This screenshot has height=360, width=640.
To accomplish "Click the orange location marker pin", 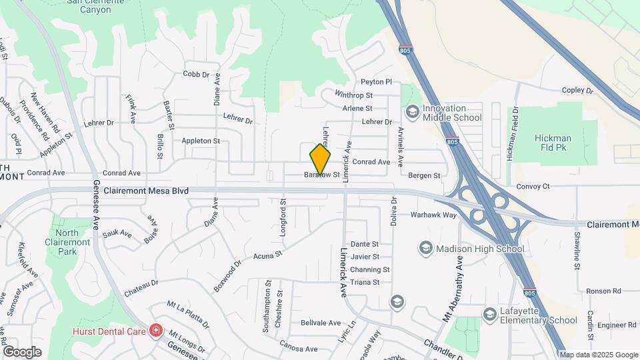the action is pos(321,159).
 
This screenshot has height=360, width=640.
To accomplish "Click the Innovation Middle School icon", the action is pos(411,111).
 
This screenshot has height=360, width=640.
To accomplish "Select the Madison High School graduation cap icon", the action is pos(425,249).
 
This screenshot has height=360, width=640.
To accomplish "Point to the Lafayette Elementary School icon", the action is pos(490,314).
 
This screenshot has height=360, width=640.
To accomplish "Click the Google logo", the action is pos(22,352).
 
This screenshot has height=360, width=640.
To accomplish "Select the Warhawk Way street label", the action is pos(433,215).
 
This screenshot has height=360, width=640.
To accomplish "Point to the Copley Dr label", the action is pos(577,90).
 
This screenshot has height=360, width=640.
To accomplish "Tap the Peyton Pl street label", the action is pos(376,81).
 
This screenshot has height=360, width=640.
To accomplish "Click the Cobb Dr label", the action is pos(196,74).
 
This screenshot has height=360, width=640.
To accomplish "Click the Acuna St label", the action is pos(267,255).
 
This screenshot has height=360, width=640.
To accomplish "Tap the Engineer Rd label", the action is pos(617,325).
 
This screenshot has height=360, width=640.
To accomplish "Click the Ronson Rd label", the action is pos(603,291).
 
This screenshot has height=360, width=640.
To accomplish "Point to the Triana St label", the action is pos(365,282).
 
